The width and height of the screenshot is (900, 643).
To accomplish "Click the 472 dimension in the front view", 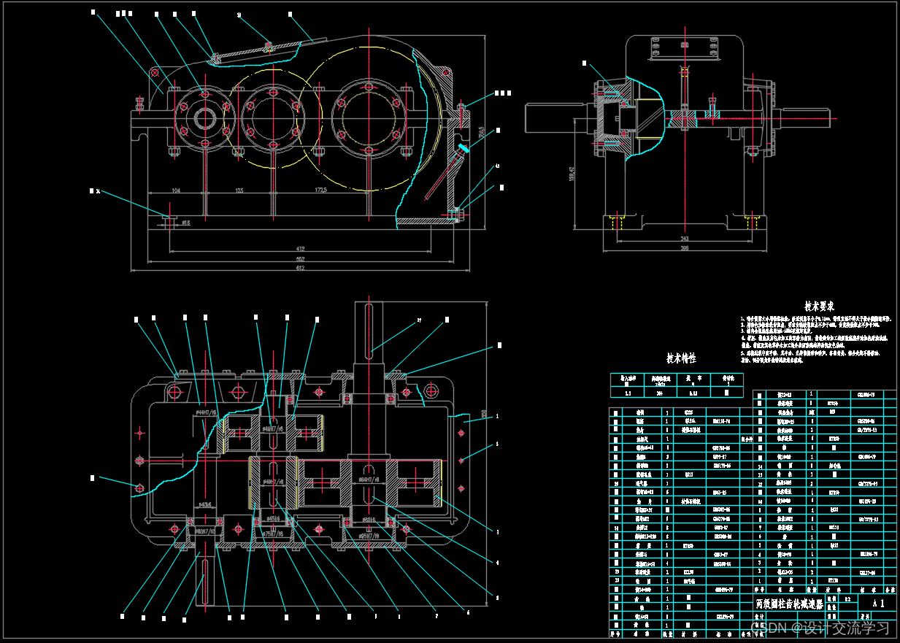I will pos(300,249).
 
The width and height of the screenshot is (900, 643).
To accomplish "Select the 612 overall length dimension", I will pos(300,267).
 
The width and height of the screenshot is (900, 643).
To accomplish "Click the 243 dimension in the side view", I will pos(684,238).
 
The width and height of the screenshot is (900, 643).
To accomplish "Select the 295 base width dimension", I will pos(684,249).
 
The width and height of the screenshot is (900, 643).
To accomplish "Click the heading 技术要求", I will pos(819,307).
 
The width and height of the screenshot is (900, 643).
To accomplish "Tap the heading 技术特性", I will pos(681,358).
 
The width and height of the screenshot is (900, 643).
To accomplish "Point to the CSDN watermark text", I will pos(823,627).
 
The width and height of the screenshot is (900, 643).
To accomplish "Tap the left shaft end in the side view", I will pos(547,118).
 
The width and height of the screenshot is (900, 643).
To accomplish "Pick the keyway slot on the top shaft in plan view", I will pos(371,331).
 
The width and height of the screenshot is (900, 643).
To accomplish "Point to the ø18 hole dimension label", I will pos(185,223).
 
